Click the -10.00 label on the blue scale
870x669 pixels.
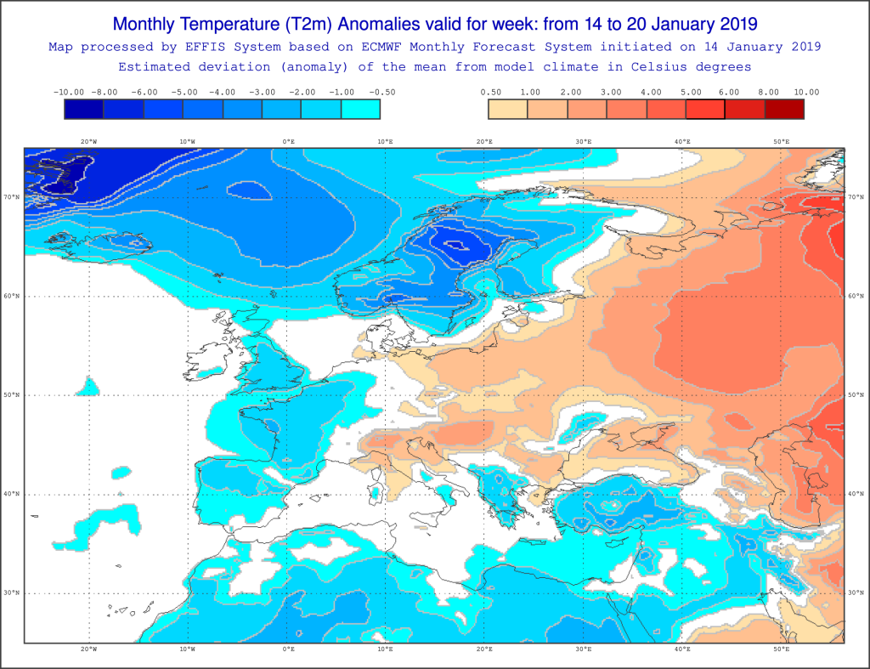click(x=69, y=92)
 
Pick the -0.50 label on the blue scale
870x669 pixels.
click(x=382, y=92)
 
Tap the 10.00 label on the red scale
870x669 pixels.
click(x=806, y=92)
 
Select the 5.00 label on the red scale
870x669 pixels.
click(x=691, y=92)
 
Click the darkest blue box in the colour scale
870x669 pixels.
click(x=84, y=109)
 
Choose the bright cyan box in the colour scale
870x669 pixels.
click(x=360, y=109)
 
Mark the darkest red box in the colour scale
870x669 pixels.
click(x=784, y=109)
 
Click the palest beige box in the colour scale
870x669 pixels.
click(x=508, y=109)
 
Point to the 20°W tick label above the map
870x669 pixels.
click(x=88, y=142)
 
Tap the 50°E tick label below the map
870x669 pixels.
click(x=782, y=649)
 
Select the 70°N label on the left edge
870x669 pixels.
click(x=11, y=196)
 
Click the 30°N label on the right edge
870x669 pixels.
click(x=856, y=593)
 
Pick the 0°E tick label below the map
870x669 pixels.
click(x=289, y=649)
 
